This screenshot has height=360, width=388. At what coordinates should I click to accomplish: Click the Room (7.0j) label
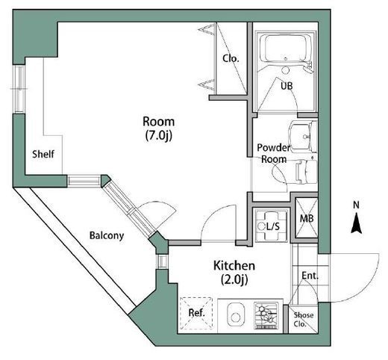(x=159, y=128)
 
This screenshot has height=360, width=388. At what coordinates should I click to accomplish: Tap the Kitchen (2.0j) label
(x=234, y=273)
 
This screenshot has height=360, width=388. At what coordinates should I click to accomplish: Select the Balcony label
(x=107, y=235)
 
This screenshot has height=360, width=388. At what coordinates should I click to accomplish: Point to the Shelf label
(x=43, y=154)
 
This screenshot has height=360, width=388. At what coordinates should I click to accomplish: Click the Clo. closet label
(x=231, y=59)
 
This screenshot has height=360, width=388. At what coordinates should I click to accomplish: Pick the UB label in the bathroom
(x=287, y=86)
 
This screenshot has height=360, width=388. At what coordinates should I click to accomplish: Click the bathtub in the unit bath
(x=285, y=48)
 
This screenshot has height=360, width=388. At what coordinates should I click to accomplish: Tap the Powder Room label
(x=274, y=153)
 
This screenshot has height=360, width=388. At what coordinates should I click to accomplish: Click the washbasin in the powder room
(x=303, y=137)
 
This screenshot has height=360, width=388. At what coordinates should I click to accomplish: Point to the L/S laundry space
(x=272, y=226)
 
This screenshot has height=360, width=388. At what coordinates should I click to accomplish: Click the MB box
(x=307, y=218)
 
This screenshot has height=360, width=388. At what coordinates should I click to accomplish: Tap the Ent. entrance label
(x=310, y=276)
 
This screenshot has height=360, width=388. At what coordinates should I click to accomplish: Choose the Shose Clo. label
(x=303, y=320)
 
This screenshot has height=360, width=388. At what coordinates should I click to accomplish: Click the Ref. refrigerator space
(x=196, y=313)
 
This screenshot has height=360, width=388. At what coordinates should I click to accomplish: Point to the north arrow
(x=356, y=223)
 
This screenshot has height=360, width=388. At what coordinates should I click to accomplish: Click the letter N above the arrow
(x=357, y=205)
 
